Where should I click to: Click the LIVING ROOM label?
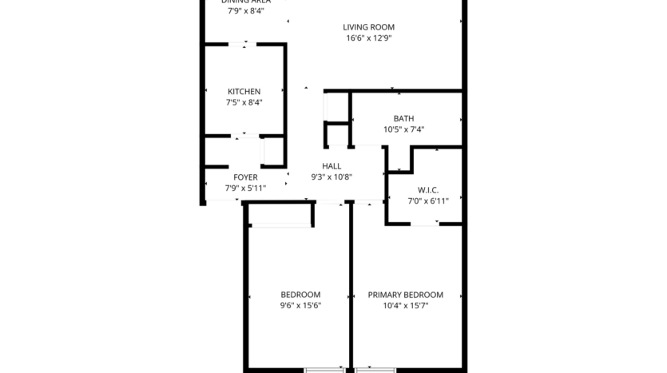369,27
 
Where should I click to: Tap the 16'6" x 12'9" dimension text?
369,38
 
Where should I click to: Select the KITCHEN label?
244,92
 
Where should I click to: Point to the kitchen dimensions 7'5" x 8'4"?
244,102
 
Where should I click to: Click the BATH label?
403,119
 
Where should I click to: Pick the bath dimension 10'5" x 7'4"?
403,129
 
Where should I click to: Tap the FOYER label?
245,177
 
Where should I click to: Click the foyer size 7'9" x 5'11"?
245,188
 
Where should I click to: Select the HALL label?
332,166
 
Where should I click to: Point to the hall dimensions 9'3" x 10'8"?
332,177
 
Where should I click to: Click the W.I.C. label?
428,190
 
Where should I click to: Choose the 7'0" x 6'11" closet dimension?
428,201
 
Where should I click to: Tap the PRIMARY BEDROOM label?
405,295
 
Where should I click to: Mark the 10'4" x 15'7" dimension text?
405,305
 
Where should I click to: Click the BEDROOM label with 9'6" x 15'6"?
300,295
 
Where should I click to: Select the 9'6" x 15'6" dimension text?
300,305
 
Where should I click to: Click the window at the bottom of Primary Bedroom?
376,369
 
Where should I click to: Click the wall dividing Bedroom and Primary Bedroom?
351,288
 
